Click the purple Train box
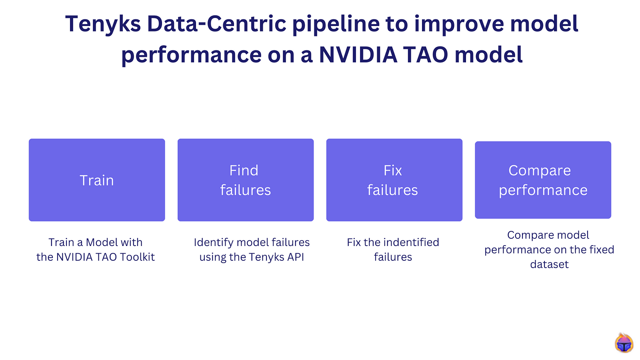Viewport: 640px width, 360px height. [x=97, y=180]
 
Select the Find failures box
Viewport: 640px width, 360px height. [x=246, y=180]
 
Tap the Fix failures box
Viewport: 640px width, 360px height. [x=394, y=180]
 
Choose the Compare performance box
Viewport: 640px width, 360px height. [x=543, y=180]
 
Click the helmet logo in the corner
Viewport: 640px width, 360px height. [x=624, y=343]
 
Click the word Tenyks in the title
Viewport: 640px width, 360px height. [x=103, y=24]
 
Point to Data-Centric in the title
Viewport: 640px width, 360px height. [x=216, y=24]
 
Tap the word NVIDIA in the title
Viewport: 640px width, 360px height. [x=358, y=55]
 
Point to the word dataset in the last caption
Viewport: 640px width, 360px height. [x=549, y=264]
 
